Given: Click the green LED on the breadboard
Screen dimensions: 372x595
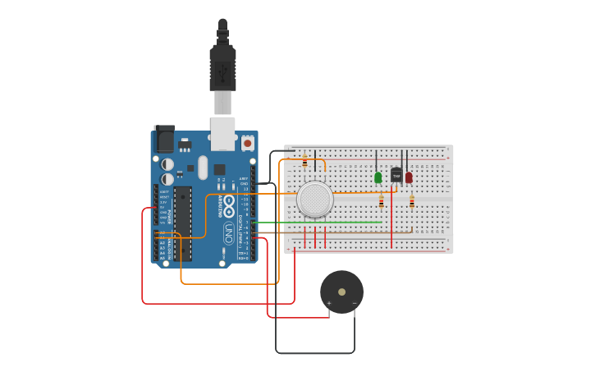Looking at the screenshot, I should (x=378, y=177).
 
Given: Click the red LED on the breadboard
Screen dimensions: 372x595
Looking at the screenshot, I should (x=409, y=177).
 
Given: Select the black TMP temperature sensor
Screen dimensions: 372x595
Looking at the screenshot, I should (x=396, y=175).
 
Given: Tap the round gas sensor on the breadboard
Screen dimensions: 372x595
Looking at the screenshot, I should (x=315, y=199).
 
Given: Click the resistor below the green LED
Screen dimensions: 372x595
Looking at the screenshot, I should (x=381, y=202).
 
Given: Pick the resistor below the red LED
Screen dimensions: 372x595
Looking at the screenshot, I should (x=412, y=201).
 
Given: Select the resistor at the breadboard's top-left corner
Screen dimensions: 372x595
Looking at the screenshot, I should (x=304, y=160).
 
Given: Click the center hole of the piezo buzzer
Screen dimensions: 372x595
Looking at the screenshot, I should (x=341, y=292).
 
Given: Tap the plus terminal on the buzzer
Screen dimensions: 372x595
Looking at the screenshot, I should (x=329, y=303).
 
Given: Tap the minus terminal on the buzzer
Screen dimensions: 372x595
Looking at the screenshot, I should (x=355, y=303).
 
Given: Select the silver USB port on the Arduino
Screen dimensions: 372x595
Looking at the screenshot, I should (x=222, y=133).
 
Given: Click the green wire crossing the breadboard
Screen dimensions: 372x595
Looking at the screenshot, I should (x=320, y=222).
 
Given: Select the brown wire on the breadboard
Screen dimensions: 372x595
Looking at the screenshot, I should (x=328, y=232).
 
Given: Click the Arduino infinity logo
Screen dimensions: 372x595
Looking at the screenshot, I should (x=229, y=202).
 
